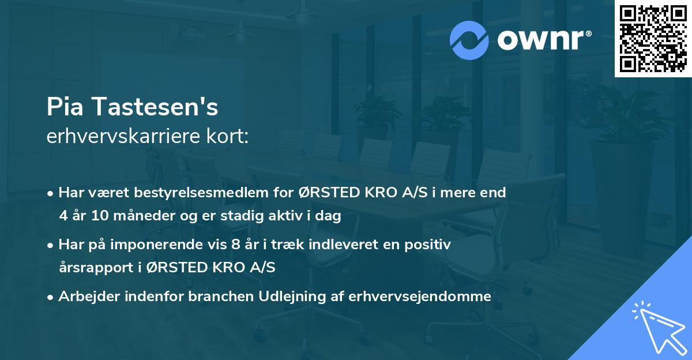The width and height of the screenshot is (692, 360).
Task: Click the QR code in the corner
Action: pos(653,39)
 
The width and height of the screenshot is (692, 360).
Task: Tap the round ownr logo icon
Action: pos(469,40)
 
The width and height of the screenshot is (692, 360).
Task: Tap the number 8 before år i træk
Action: pos(235,245)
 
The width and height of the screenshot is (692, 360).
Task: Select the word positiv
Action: pos(428,245)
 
